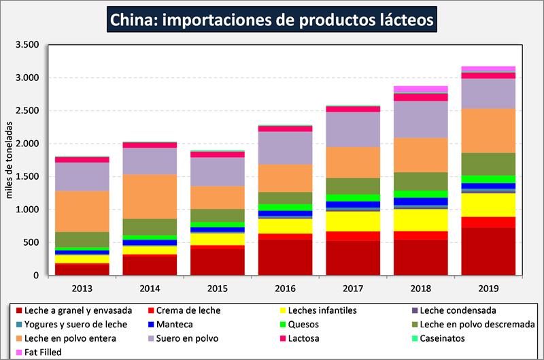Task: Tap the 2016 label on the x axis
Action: click(285, 288)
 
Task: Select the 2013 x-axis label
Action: click(82, 288)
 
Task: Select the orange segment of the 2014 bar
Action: click(150, 196)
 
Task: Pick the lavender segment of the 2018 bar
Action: click(420, 119)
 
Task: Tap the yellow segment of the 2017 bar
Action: click(352, 220)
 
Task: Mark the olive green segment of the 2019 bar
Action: click(488, 164)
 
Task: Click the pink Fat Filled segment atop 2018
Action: click(420, 89)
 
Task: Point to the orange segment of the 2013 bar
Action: click(82, 211)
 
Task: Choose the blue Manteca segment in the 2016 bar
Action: click(285, 213)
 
